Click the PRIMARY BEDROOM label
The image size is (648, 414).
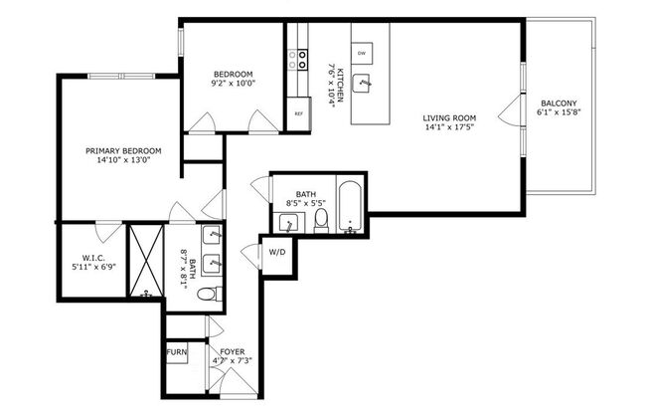pos(122,150)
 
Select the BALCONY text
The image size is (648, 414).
pos(559,103)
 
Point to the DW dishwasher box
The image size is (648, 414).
pos(362,53)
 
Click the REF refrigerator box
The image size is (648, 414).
pos(298,113)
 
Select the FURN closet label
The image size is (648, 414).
pos(176,351)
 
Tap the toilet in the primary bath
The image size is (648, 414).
pos(205,295)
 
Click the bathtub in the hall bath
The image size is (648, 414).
pos(351,207)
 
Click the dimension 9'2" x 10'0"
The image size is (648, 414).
pos(233,84)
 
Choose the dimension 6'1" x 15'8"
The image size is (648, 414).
pos(559,113)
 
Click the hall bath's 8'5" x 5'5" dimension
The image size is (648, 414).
pos(304,203)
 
